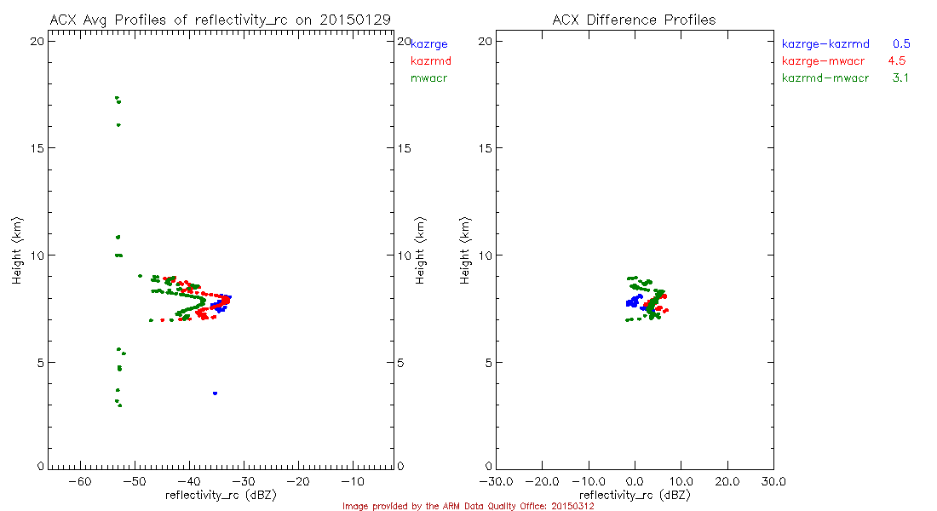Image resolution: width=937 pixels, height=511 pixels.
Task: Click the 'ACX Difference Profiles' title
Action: pos(634,20)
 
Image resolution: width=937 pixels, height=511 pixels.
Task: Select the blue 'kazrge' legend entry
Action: pos(429,44)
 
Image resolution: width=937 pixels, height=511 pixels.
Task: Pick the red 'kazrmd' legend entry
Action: pos(430,61)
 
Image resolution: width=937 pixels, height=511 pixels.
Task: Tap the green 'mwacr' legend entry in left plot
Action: pos(429,78)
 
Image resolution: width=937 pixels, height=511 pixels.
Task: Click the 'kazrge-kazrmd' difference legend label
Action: pos(825,43)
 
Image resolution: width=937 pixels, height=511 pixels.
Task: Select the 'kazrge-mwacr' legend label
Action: pos(822,61)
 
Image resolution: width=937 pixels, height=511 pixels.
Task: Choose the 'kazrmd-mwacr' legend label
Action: pos(825,78)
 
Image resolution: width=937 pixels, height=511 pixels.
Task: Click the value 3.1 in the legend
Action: pos(901,78)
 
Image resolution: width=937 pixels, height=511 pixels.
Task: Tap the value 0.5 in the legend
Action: pos(901,43)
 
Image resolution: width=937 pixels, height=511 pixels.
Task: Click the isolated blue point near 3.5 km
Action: pos(216,393)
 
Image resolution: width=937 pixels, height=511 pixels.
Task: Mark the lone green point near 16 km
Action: pos(118,125)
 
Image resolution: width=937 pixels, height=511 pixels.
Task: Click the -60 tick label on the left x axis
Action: pos(79,482)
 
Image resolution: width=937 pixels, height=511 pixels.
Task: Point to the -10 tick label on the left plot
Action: pos(352,482)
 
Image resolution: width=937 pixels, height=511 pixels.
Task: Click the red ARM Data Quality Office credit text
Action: pos(468,506)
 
